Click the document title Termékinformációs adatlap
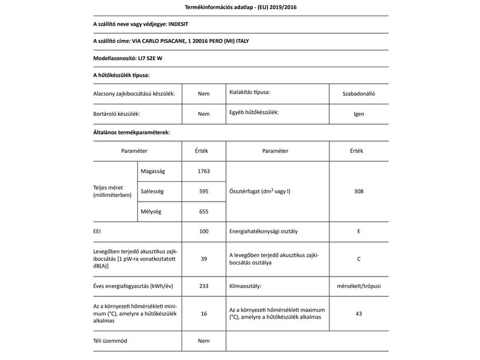[x=240, y=7]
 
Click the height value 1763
[x=203, y=172]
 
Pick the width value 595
[x=203, y=191]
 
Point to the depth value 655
[x=203, y=211]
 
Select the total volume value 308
[x=359, y=191]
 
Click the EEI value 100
[x=203, y=231]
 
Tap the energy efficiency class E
[x=359, y=231]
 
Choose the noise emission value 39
[x=203, y=259]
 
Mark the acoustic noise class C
[x=359, y=259]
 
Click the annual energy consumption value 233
[x=203, y=286]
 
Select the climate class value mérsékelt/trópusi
[x=359, y=286]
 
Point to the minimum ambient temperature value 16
[x=203, y=313]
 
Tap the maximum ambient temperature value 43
[x=359, y=313]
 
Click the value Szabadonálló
[x=359, y=94]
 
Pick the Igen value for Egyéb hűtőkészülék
[x=359, y=113]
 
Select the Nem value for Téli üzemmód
[x=203, y=341]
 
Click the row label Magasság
[x=152, y=172]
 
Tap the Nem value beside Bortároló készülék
[x=203, y=113]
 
